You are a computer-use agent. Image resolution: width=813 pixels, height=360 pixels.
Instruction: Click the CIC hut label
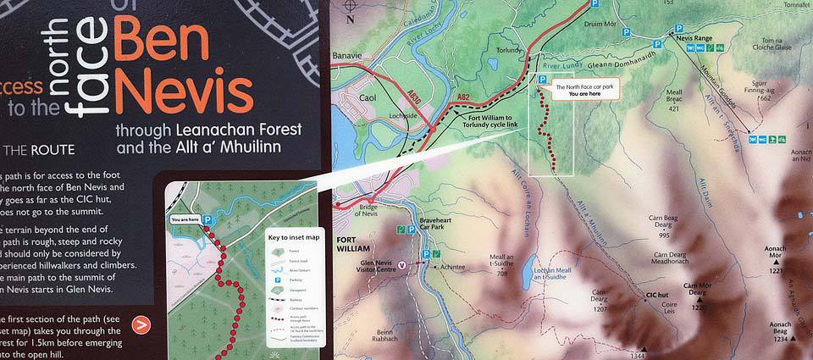(658, 296)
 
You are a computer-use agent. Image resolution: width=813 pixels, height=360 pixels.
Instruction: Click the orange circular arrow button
(141, 323)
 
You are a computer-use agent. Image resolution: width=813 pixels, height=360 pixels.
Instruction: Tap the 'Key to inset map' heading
(294, 238)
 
